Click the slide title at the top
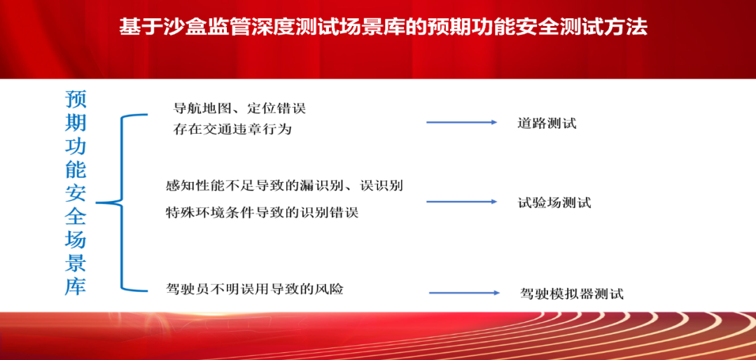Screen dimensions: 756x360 coord(384,27)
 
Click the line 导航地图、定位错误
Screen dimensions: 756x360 coord(239,109)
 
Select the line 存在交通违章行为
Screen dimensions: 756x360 coord(232,130)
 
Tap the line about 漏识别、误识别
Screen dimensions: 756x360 coord(284,186)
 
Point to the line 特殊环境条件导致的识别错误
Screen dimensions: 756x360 coord(262,212)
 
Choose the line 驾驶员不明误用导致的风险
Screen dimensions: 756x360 coord(254,289)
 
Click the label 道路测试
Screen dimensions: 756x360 coord(547,123)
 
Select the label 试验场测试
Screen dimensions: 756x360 coord(554,202)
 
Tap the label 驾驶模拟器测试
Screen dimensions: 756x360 coord(573,293)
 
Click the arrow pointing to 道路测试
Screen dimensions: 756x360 coord(461,123)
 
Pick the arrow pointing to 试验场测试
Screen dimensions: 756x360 coord(461,201)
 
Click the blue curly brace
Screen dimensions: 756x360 coord(122,202)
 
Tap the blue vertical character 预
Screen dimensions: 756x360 coord(75,100)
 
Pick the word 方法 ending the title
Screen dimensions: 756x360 coord(629,27)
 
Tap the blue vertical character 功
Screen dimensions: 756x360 coord(75,146)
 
